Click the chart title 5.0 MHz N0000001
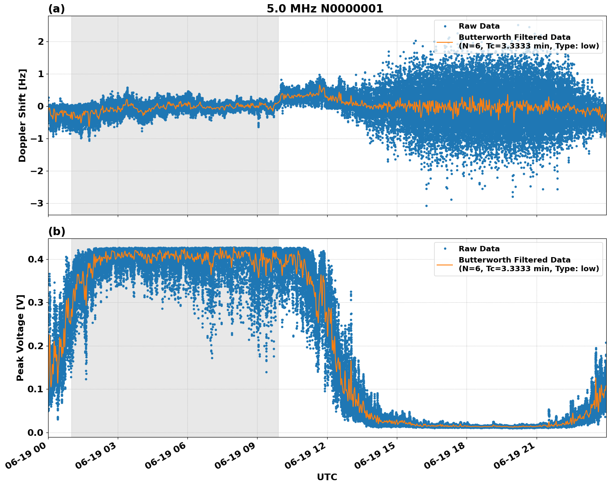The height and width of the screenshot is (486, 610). coord(325,9)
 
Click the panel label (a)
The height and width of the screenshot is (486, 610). coord(56,9)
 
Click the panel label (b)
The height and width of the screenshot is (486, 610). coord(56,231)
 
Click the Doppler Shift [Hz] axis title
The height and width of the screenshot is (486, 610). coord(22,115)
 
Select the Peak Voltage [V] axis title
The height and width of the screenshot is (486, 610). coord(20,338)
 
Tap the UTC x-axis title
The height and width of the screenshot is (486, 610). coord(327,477)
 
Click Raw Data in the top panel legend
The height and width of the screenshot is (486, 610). coord(479,27)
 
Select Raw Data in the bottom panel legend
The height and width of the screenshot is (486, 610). coord(479,249)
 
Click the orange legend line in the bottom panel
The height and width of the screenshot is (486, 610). coord(445,264)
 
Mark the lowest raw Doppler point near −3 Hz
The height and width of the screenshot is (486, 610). coord(426,206)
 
